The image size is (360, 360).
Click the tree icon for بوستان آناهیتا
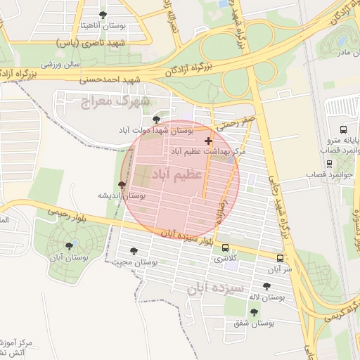tap(103, 14)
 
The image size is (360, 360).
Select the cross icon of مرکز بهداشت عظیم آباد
tap(207, 141)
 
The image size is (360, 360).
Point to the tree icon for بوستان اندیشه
tap(123, 186)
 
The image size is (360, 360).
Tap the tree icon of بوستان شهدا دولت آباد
tap(155, 120)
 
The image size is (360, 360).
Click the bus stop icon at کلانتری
tap(225, 247)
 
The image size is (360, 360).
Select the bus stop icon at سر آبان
tap(280, 258)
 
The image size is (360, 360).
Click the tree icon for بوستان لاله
tap(266, 286)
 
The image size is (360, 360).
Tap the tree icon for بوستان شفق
tap(254, 311)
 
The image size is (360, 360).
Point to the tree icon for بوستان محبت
tap(134, 251)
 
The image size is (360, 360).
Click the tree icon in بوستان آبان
tap(69, 245)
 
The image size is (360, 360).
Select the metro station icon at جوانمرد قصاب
tap(330, 164)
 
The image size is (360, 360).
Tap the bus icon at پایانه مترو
tap(343, 129)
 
